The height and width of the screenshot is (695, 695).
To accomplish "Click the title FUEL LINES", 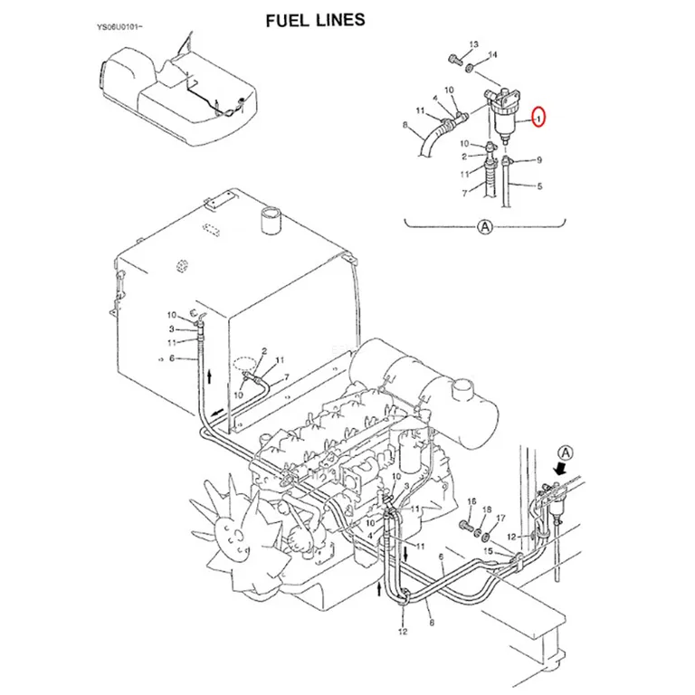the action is [315, 21].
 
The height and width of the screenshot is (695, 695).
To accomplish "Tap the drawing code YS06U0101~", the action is [119, 27].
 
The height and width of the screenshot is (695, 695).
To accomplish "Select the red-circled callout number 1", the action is [539, 118].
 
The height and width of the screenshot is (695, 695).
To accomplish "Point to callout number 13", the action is [474, 44].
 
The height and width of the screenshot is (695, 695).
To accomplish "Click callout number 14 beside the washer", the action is [492, 54].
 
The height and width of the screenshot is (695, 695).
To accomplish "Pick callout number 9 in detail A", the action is [539, 160].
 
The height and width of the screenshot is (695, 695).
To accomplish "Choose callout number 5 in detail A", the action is [539, 186].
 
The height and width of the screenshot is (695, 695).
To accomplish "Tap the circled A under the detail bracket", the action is [485, 226].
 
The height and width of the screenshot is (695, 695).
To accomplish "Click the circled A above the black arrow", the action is [566, 453].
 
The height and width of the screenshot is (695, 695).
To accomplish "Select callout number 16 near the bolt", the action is [471, 500].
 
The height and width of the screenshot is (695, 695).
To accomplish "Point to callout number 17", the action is [500, 518].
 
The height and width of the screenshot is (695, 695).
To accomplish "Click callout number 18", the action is [487, 509].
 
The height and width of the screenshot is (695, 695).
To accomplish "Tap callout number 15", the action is [488, 551].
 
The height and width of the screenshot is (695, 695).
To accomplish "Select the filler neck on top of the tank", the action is [270, 220].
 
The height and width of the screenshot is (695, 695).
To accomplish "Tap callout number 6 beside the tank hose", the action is [172, 358].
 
